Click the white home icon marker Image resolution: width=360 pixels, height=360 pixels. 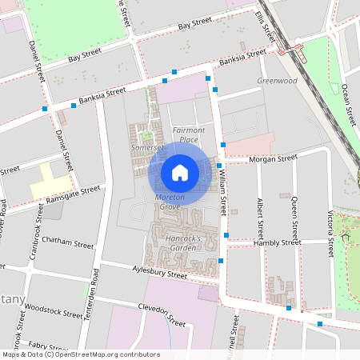(x=180, y=173)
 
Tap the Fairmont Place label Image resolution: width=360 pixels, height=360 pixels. (x=189, y=134)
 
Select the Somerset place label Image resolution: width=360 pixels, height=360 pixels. (x=147, y=148)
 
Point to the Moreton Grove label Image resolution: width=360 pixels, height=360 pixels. (x=170, y=202)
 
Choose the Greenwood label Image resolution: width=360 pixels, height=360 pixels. (x=277, y=81)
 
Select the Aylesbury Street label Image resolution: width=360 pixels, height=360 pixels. (x=160, y=274)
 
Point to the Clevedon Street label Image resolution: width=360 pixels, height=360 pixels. (x=161, y=318)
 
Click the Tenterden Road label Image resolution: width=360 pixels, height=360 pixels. (x=95, y=294)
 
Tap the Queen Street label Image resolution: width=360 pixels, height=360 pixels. (x=294, y=219)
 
